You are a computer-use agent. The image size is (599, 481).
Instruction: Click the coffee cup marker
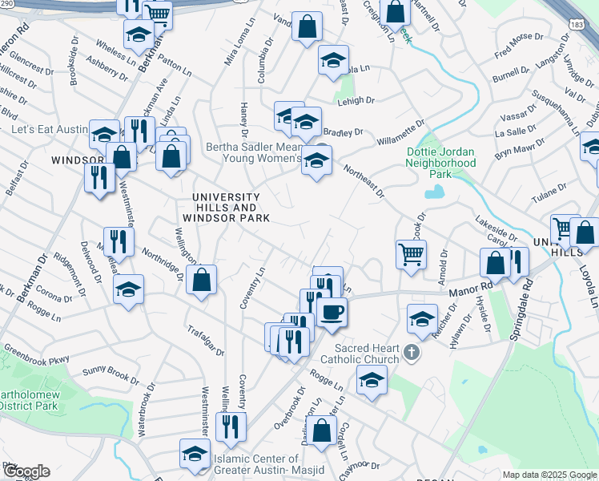tap(332, 311)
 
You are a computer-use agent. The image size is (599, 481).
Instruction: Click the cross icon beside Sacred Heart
tap(411, 352)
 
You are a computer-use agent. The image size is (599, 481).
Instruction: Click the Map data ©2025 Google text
tap(549, 475)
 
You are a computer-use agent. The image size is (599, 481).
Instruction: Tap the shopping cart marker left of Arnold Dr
tap(411, 254)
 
